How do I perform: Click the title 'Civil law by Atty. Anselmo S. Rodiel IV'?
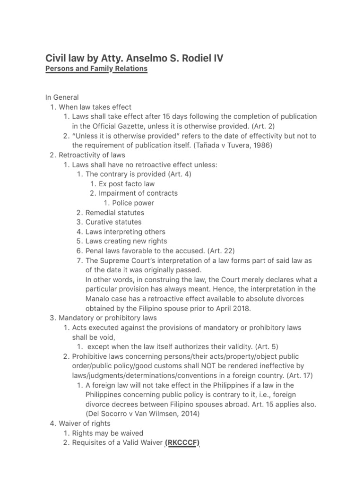coord(134,58)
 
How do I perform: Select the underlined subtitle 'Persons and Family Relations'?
coord(96,69)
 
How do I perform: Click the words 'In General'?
coord(62,97)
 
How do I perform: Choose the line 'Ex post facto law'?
coord(127,184)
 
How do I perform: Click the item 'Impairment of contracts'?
coord(138,193)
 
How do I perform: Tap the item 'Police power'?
coord(133,203)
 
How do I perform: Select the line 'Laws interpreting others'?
coord(125,232)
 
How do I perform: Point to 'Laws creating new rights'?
coord(126,241)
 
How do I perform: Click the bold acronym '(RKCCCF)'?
coord(182,443)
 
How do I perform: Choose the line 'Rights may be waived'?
coord(108,433)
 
